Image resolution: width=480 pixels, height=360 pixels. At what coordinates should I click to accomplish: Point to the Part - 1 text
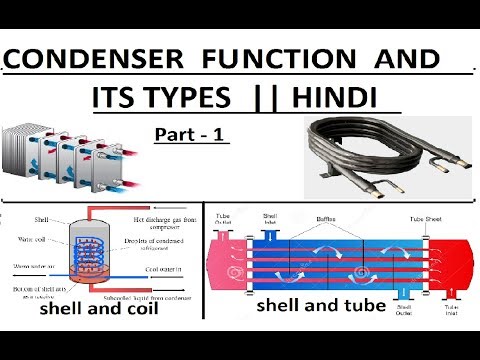(192, 135)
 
